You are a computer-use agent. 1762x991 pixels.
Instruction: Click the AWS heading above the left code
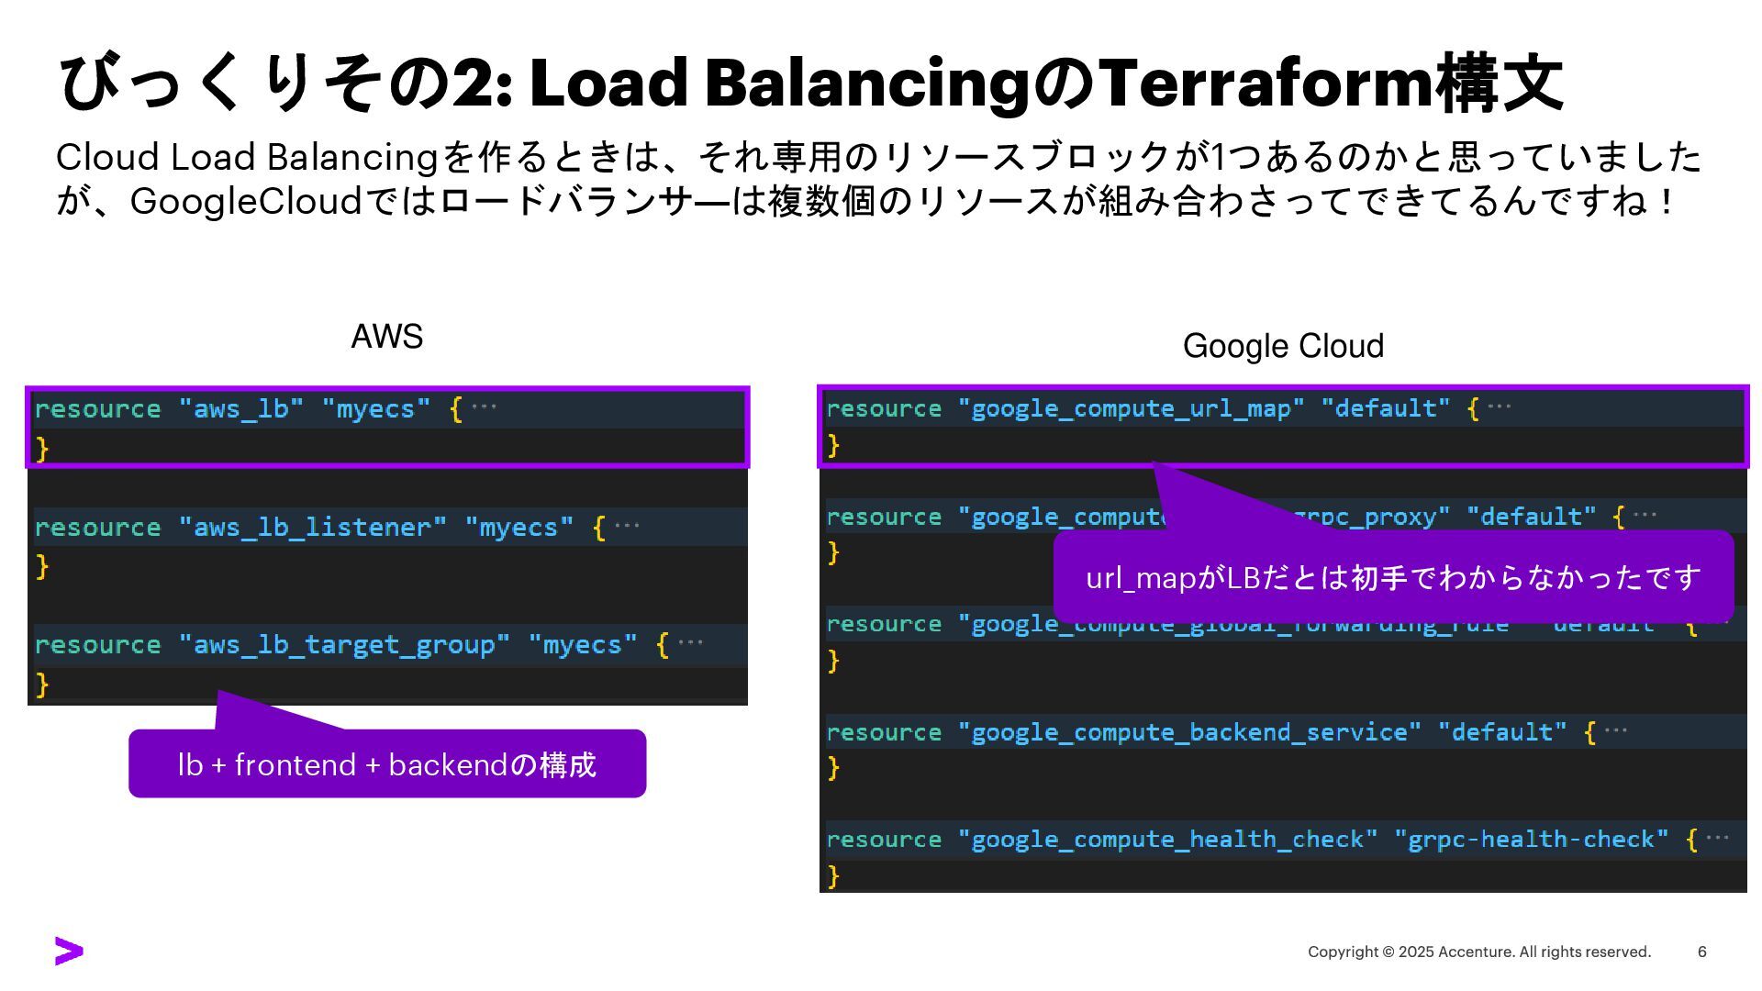(386, 337)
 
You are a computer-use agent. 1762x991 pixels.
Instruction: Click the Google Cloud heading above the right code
(1283, 346)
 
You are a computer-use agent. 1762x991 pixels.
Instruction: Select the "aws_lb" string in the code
(241, 408)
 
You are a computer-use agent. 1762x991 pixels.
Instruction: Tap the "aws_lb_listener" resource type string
(312, 528)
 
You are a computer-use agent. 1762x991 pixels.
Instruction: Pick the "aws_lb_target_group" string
(343, 645)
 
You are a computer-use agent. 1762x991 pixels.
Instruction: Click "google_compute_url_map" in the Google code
(1131, 408)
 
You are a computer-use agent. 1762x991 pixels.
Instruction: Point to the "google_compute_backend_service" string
(1189, 732)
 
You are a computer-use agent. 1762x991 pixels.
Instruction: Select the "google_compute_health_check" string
(1167, 840)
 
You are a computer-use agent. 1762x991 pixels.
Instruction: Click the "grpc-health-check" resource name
(1531, 840)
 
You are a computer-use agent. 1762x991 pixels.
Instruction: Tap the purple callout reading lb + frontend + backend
(387, 764)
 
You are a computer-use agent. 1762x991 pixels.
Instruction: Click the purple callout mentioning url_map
(1393, 578)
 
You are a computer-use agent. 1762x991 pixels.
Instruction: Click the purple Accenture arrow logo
(69, 952)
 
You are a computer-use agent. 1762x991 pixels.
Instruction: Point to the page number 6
(1701, 952)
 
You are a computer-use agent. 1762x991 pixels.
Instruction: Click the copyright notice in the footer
(1478, 952)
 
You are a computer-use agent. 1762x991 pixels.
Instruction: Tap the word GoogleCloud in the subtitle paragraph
(246, 201)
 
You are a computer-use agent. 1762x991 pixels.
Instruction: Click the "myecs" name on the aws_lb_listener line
(519, 528)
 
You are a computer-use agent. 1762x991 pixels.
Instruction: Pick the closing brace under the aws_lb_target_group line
(42, 685)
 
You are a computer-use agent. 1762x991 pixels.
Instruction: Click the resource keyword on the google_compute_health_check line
(884, 840)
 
